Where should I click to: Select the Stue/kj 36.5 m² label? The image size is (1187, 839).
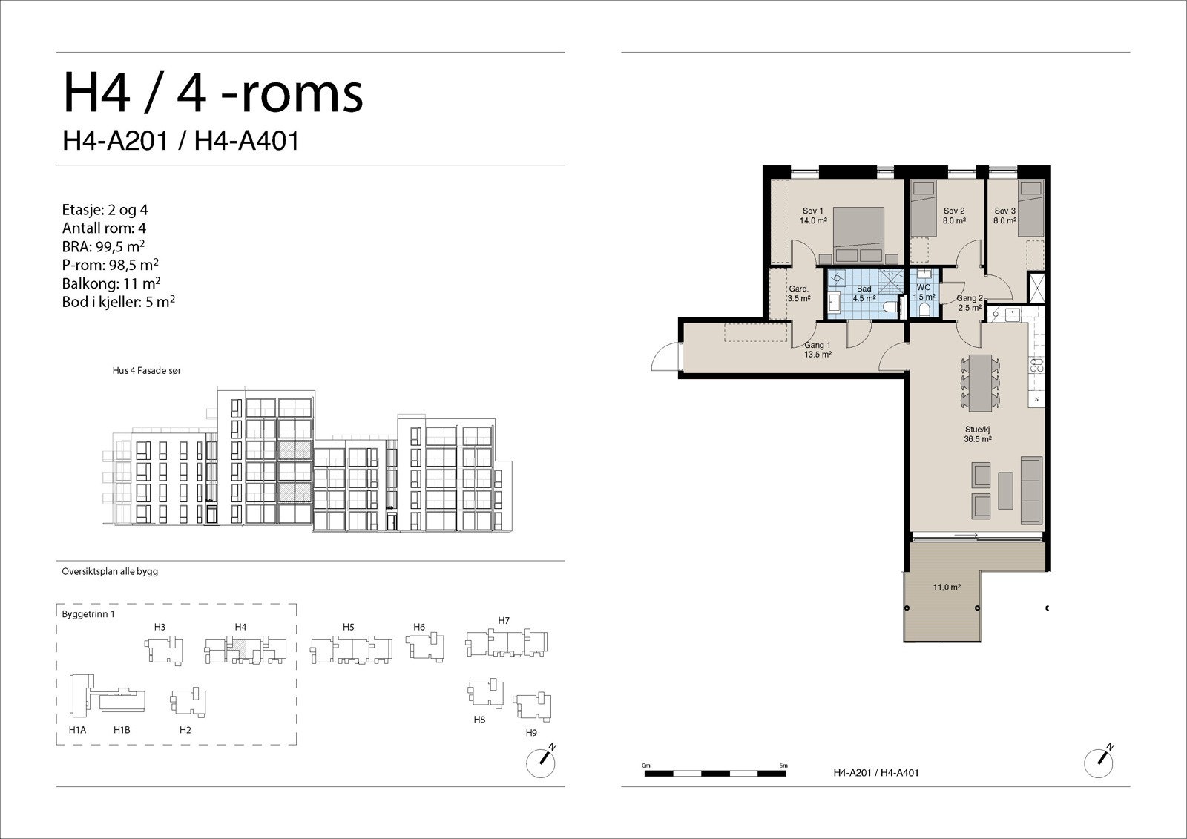[x=978, y=434]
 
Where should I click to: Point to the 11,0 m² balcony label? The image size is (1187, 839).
[x=947, y=587]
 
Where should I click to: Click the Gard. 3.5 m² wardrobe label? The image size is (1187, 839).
[x=798, y=294]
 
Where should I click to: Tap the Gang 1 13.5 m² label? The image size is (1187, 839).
[x=818, y=349]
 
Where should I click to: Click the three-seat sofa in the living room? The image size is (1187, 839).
[x=1030, y=489]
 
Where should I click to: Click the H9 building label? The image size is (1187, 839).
[x=531, y=733]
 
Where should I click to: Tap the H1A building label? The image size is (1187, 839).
[x=77, y=730]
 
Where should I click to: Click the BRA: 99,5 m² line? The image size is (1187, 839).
[x=103, y=246]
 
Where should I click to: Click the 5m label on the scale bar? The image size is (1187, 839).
[x=783, y=765]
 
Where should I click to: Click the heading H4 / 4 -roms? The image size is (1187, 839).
[x=213, y=93]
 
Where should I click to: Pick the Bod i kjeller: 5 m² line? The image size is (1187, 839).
[x=119, y=302]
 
